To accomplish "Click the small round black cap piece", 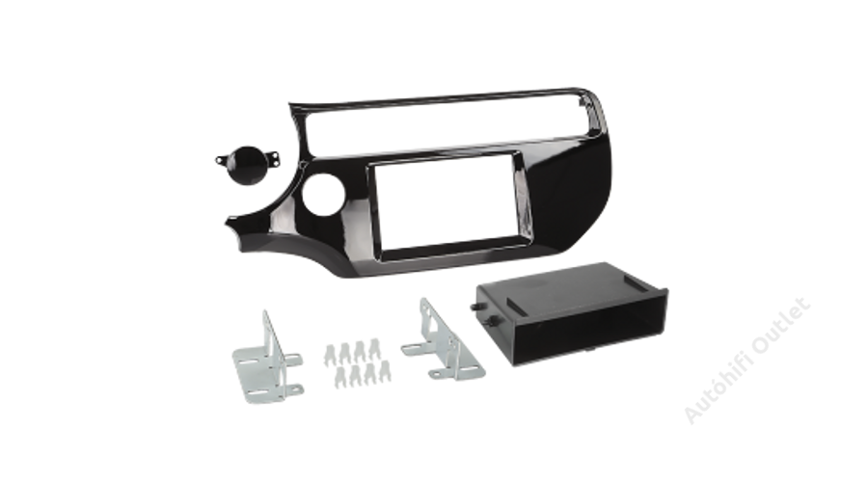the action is pyautogui.click(x=248, y=165).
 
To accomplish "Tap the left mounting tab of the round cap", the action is pyautogui.click(x=222, y=161).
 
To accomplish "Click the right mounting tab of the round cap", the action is pyautogui.click(x=275, y=159).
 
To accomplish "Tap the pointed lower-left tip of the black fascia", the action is pyautogui.click(x=227, y=223).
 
